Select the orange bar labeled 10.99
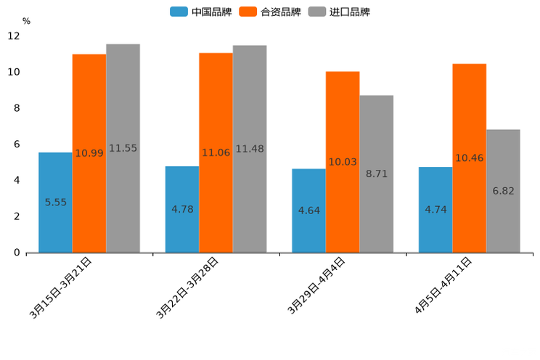[x=89, y=153]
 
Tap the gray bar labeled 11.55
[x=123, y=148]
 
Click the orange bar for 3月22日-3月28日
[x=216, y=152]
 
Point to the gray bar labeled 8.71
[x=376, y=173]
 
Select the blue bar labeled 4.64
[x=308, y=210]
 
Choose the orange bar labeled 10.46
[x=469, y=157]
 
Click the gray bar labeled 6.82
[x=503, y=191]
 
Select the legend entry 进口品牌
[x=339, y=12]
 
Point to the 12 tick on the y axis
[x=14, y=36]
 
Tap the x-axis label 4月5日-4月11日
[x=443, y=285]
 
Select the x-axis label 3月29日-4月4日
[x=316, y=285]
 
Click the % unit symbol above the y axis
[x=26, y=21]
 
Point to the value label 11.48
[x=250, y=149]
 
